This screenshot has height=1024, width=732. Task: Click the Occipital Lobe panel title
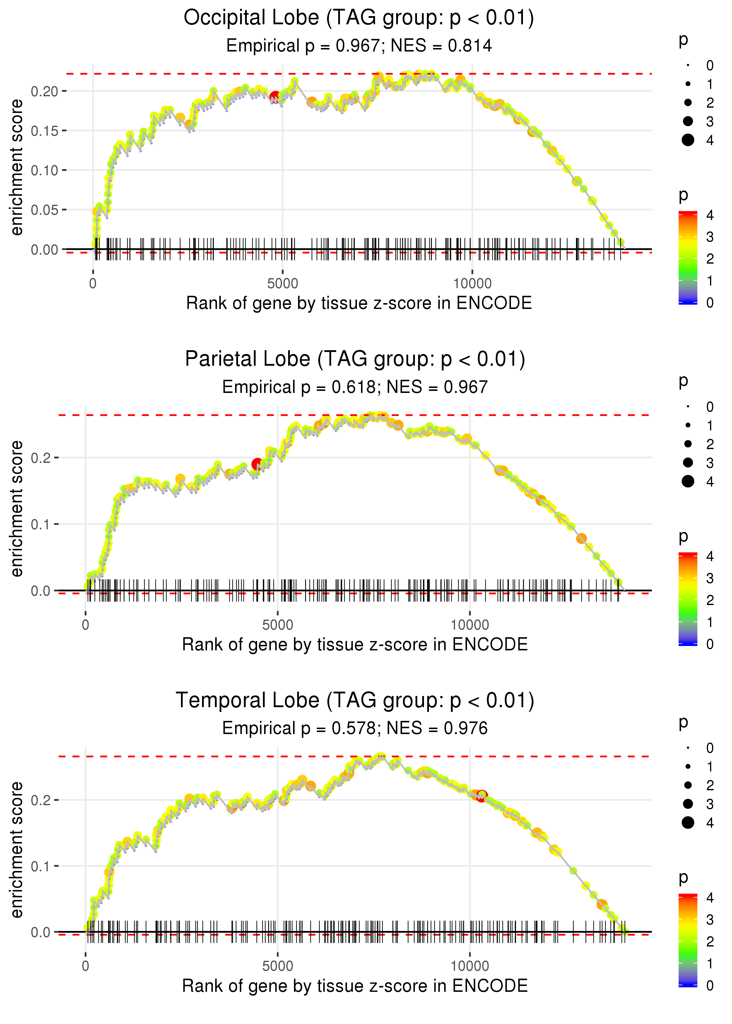(x=358, y=18)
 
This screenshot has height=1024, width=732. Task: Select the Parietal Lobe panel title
(x=355, y=359)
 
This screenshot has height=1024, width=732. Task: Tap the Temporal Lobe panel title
(x=355, y=701)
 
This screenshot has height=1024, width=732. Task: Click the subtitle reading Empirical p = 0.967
(x=358, y=46)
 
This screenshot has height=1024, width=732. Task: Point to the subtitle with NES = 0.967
(x=355, y=387)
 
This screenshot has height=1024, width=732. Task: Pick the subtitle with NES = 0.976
(x=355, y=729)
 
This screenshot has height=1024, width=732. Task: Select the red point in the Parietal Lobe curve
(x=257, y=464)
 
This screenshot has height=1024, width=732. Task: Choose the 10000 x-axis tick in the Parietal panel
(x=470, y=625)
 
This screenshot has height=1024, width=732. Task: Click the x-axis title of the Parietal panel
(x=355, y=645)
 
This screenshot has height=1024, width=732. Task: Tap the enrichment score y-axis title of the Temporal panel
(x=17, y=849)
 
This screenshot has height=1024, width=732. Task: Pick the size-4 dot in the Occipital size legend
(x=688, y=140)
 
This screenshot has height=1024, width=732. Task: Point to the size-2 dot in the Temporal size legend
(x=688, y=785)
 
